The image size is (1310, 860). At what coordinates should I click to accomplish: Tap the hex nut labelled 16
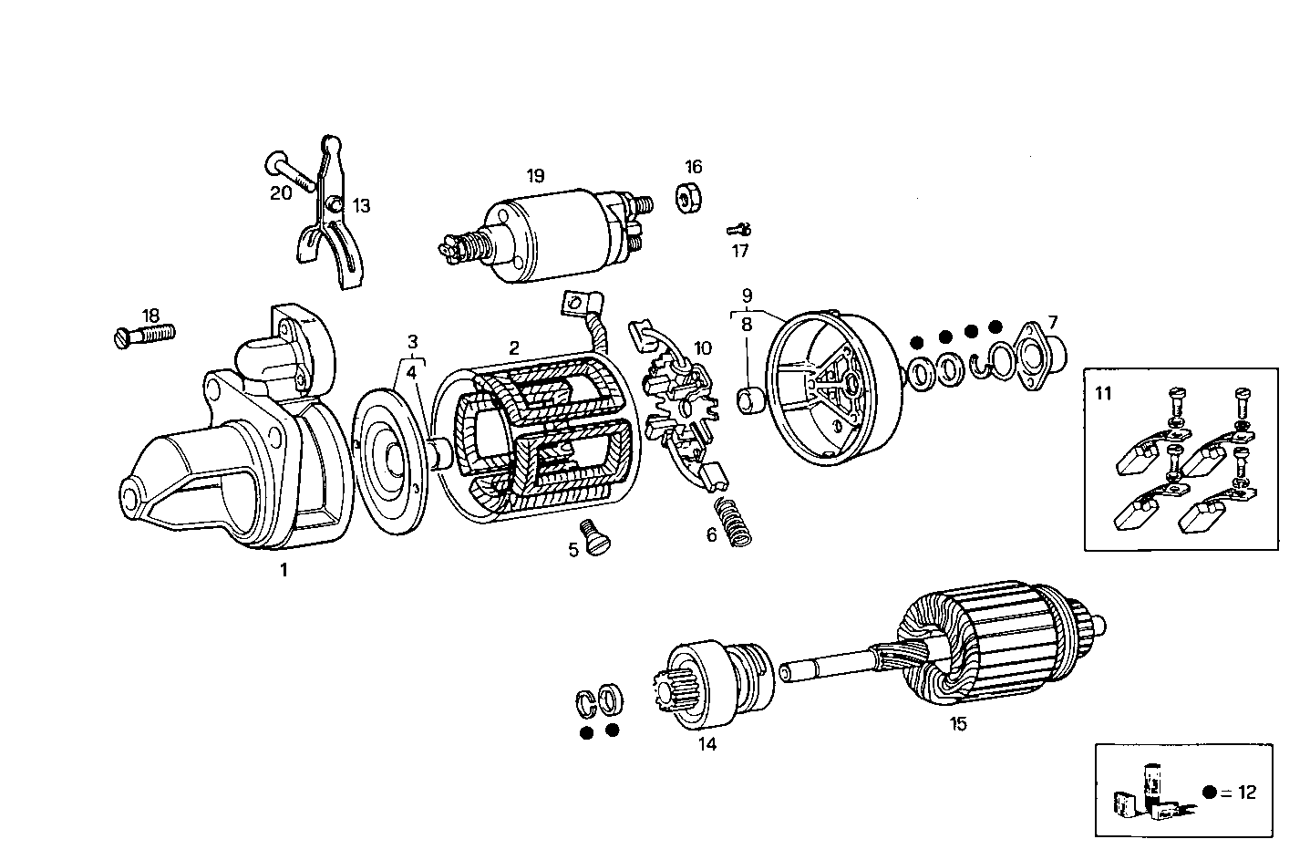pos(688,198)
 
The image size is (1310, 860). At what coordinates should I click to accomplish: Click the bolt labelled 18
pos(146,336)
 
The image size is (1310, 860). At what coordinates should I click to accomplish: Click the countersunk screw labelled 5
pos(593,535)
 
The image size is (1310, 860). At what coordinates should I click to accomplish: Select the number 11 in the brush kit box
pos(1103,394)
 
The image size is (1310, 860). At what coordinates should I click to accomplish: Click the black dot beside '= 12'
pos(1209,793)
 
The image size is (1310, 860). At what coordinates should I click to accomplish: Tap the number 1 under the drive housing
pos(284,570)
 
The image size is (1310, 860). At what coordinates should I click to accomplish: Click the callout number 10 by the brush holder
pos(702,347)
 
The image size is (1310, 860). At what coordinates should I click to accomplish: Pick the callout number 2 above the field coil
pos(514,347)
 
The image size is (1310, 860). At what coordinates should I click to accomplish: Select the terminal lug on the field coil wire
pos(576,301)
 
